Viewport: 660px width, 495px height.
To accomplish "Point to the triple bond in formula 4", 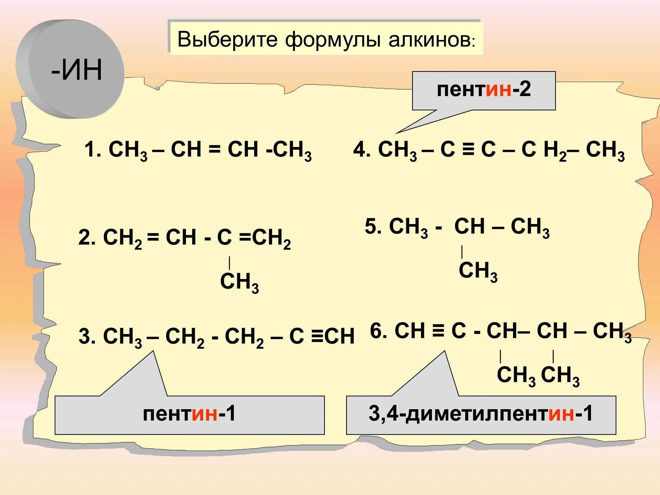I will [x=468, y=149].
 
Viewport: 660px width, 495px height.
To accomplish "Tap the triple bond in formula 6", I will [x=437, y=330].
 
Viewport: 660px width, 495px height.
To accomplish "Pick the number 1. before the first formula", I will [x=92, y=150].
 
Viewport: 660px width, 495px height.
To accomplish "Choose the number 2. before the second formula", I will [x=87, y=238].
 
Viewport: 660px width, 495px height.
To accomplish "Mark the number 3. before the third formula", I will [x=87, y=336].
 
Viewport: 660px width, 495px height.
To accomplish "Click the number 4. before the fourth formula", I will [x=362, y=150].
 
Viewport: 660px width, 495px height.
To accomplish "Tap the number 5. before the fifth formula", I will [x=373, y=226].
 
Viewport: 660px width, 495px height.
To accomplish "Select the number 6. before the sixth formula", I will [x=378, y=330].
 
